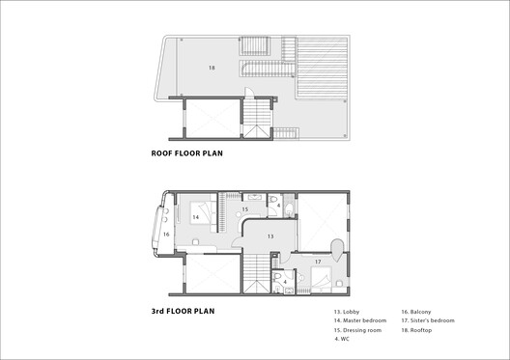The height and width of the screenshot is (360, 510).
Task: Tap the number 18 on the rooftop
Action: (212, 68)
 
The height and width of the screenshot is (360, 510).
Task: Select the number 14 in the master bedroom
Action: (195, 218)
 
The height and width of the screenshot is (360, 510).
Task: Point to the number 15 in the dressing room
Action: (245, 208)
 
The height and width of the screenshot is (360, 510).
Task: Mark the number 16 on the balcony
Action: (165, 234)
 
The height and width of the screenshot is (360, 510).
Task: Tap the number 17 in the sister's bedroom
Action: (316, 261)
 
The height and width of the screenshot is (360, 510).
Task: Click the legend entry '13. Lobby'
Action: (347, 312)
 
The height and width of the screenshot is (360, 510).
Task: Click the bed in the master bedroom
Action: (205, 210)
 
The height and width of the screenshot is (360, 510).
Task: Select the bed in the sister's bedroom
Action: (323, 280)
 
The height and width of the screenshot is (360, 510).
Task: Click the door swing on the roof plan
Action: (246, 94)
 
